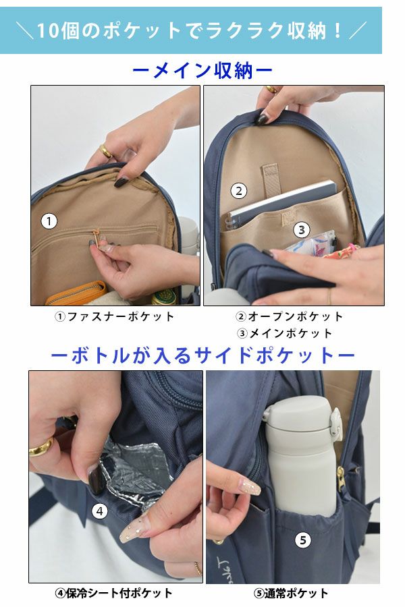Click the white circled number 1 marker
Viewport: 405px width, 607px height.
(x=49, y=221)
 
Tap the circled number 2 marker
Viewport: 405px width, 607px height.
(x=239, y=190)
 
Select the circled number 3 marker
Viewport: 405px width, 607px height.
(x=302, y=230)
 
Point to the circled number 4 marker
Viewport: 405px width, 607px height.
(x=100, y=511)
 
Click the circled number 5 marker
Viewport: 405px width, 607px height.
(x=303, y=540)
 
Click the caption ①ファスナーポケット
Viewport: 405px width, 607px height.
(x=114, y=317)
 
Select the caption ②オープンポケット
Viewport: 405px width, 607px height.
(x=289, y=317)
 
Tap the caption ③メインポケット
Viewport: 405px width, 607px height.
(x=285, y=333)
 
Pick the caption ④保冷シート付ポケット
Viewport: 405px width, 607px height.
(x=113, y=593)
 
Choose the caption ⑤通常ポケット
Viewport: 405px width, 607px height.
(x=291, y=593)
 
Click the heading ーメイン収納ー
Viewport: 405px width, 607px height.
(x=202, y=71)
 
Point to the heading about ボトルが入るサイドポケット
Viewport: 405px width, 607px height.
(x=202, y=355)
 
